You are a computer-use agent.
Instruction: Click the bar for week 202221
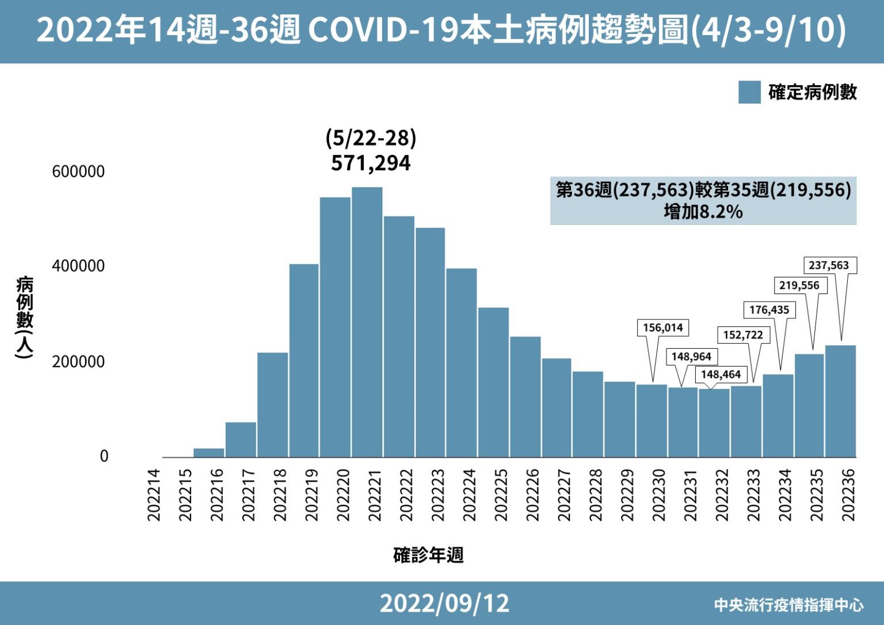[367, 322]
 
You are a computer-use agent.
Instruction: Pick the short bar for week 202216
[209, 453]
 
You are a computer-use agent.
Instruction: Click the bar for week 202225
[493, 382]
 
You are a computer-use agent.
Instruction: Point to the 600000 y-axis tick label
[78, 172]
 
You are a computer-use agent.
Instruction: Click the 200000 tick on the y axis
[78, 362]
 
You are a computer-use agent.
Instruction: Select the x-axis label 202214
[154, 495]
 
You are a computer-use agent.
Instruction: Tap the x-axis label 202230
[660, 495]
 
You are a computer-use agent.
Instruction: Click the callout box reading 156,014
[663, 328]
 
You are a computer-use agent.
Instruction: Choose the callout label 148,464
[721, 375]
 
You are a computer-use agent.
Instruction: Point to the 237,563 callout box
[829, 265]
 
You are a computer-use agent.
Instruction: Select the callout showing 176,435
[769, 310]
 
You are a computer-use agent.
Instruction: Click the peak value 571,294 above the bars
[371, 163]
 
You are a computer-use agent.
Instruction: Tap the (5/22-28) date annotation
[371, 138]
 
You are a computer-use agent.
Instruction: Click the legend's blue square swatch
[749, 92]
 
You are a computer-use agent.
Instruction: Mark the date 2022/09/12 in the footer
[444, 603]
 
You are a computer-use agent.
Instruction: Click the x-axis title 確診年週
[428, 555]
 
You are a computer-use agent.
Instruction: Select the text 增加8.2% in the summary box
[703, 212]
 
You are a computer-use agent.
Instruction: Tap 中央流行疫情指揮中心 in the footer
[788, 605]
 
